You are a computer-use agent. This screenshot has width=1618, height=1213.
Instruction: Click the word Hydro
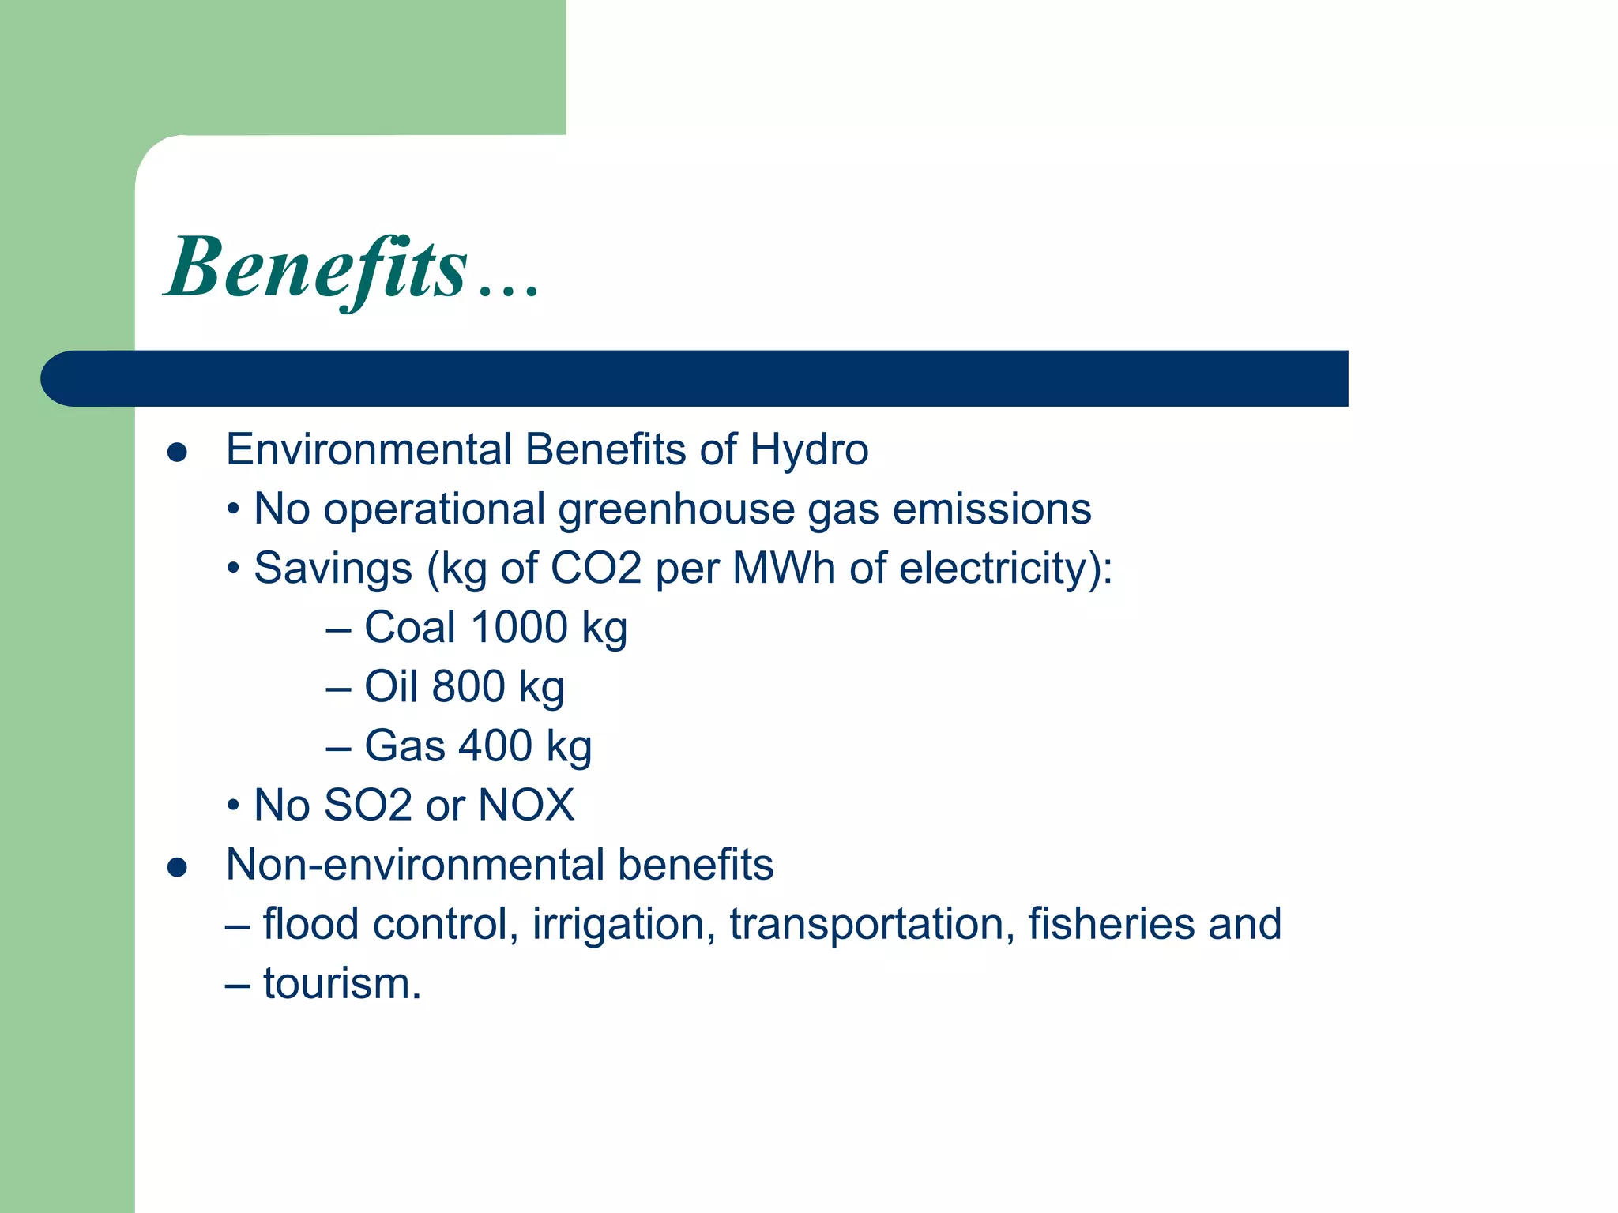point(809,450)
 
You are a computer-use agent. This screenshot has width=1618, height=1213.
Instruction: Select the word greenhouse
point(676,509)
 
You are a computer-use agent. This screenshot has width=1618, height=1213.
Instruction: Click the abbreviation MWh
point(784,569)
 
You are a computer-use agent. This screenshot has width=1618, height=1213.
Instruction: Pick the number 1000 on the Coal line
point(519,628)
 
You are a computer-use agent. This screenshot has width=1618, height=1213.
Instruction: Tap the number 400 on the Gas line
point(495,746)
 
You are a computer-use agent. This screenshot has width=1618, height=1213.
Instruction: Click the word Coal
point(410,628)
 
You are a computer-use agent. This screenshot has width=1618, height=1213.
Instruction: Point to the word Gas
point(404,746)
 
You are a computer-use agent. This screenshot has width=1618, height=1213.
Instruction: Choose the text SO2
point(367,806)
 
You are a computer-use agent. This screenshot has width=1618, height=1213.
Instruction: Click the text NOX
point(526,806)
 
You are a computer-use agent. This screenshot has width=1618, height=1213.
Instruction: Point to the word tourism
point(341,984)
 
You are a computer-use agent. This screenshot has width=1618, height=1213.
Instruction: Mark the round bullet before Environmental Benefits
point(177,453)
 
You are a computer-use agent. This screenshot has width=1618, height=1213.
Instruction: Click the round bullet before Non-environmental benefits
point(177,868)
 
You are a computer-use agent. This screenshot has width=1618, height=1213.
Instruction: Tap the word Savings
point(333,569)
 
